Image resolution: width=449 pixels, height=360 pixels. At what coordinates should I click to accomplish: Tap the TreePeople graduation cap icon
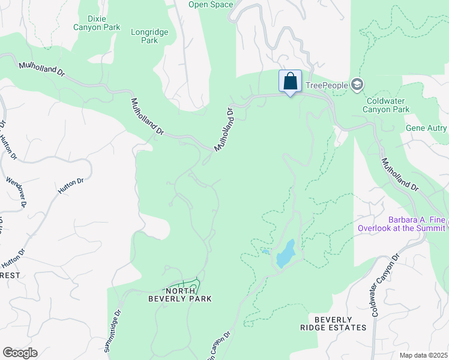(358, 85)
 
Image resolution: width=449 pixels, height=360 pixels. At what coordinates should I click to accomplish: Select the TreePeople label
(327, 85)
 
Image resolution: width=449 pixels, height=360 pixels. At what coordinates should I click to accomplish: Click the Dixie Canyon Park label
(97, 23)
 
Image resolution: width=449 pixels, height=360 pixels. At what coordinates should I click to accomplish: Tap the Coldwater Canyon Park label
(387, 105)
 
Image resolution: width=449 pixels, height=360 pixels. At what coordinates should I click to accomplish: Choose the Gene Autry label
(427, 128)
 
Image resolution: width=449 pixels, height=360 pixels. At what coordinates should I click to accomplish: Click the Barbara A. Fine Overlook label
(402, 224)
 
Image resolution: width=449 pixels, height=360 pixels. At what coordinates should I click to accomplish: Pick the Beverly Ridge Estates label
(333, 323)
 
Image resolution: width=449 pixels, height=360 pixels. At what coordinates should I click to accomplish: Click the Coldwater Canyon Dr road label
(385, 285)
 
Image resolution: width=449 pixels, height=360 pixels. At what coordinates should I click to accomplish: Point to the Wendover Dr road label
(16, 191)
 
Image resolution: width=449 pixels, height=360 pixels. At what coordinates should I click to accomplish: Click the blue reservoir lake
(285, 253)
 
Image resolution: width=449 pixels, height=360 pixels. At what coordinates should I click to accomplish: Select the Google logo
(20, 352)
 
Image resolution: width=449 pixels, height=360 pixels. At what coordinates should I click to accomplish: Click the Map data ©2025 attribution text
(423, 355)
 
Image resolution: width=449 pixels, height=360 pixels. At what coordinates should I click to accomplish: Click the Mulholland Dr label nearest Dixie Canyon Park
(41, 69)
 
